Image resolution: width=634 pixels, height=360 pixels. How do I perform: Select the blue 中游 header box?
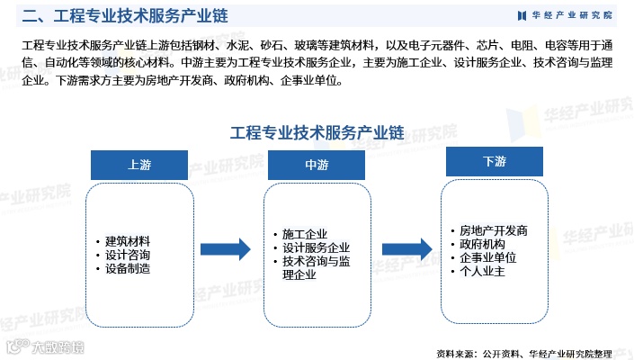(316, 165)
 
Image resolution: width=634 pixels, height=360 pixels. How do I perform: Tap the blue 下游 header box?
(494, 161)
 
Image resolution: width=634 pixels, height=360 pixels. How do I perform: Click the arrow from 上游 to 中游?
(224, 249)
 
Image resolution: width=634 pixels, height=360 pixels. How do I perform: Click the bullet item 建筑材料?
(128, 241)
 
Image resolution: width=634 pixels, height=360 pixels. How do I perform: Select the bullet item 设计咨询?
(128, 255)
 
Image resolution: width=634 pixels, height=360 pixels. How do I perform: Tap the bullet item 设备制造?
(128, 268)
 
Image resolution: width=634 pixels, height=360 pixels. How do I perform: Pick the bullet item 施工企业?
(305, 234)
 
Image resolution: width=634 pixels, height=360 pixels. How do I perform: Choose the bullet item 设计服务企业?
(316, 247)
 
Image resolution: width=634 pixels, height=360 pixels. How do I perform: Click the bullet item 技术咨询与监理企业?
(321, 267)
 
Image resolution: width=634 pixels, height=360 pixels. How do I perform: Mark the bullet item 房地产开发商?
(493, 230)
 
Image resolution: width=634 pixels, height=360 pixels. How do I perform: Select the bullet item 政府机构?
(482, 244)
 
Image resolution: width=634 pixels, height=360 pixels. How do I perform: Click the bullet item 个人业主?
(482, 271)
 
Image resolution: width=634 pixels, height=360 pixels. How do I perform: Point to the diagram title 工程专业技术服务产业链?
(316, 132)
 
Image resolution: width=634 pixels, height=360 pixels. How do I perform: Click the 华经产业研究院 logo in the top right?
(567, 15)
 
